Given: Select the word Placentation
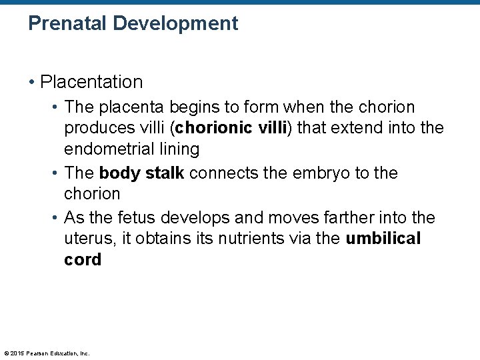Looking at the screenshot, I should click(x=92, y=83).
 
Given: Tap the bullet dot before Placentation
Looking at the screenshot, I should click(x=31, y=83).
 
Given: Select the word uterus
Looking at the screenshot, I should click(x=86, y=239).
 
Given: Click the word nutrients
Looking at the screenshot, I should click(x=241, y=239).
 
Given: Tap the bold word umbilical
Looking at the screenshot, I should click(x=383, y=239).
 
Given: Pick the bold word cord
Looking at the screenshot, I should click(x=83, y=260).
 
